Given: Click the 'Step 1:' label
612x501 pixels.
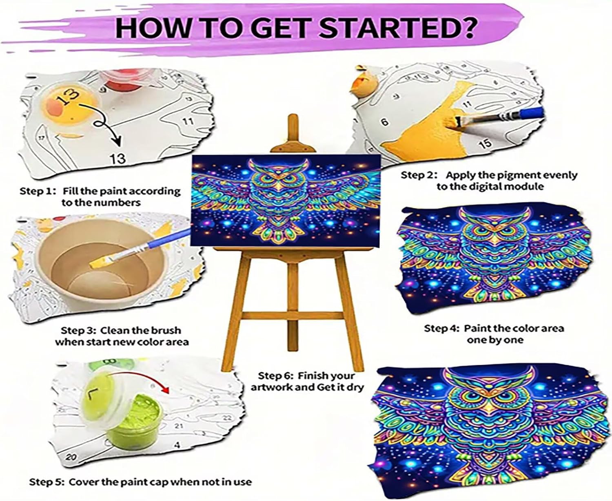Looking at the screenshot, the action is [x=38, y=191].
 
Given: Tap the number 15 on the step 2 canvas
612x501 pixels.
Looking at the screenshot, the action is [x=486, y=143].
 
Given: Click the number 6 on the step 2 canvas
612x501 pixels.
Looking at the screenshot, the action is [x=385, y=122].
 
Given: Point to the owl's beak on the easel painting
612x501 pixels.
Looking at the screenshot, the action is [x=278, y=185].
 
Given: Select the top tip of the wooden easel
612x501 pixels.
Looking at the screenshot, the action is [x=293, y=115].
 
